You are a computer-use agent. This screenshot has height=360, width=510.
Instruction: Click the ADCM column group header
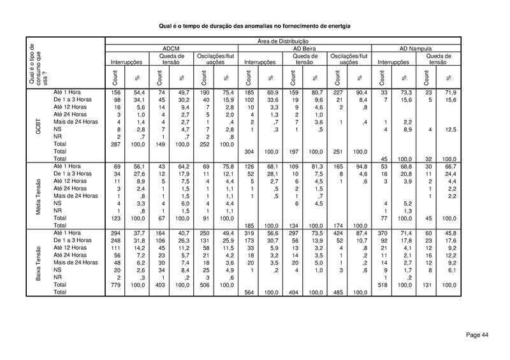point(171,48)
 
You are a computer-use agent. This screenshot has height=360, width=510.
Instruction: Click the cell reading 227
point(338,93)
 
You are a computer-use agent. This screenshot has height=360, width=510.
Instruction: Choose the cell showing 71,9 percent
point(449,93)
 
